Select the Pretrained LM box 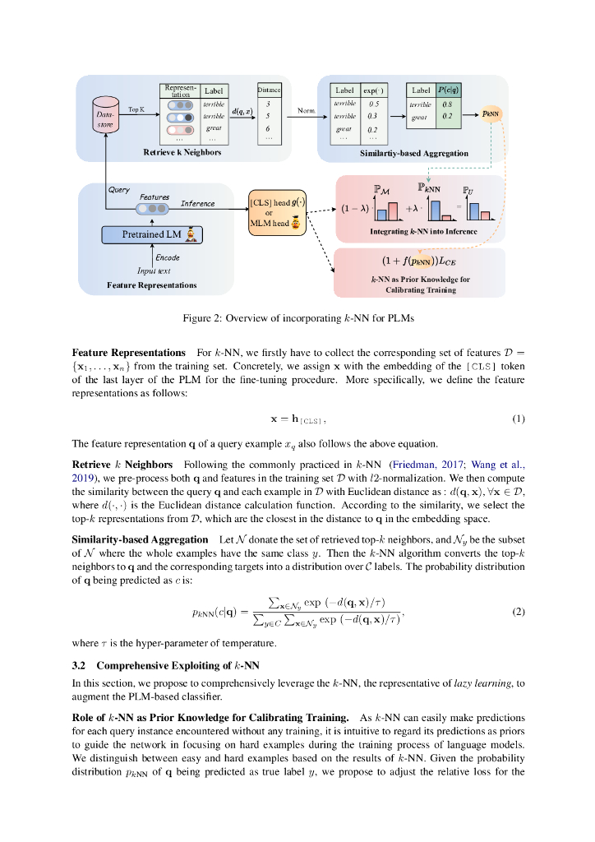[x=152, y=235]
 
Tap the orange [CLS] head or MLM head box [x=276, y=212]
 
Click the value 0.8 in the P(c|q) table [x=447, y=104]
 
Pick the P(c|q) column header [x=448, y=90]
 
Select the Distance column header [x=269, y=90]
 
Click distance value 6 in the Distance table [x=269, y=129]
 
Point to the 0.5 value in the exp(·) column [x=373, y=104]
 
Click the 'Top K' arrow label [x=137, y=109]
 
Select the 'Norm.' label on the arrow [x=306, y=109]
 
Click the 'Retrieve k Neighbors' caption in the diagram [x=182, y=153]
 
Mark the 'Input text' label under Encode [x=154, y=271]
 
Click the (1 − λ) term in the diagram [x=354, y=209]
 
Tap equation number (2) [x=518, y=612]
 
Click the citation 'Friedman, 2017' [x=426, y=465]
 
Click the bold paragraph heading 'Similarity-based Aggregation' [x=140, y=539]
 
